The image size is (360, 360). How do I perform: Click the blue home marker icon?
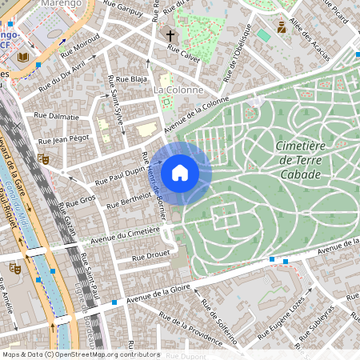coord(180,173)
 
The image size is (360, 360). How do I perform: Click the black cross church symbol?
coord(170,35)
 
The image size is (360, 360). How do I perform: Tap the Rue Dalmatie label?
coord(56,116)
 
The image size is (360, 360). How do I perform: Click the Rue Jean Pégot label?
coord(62,139)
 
